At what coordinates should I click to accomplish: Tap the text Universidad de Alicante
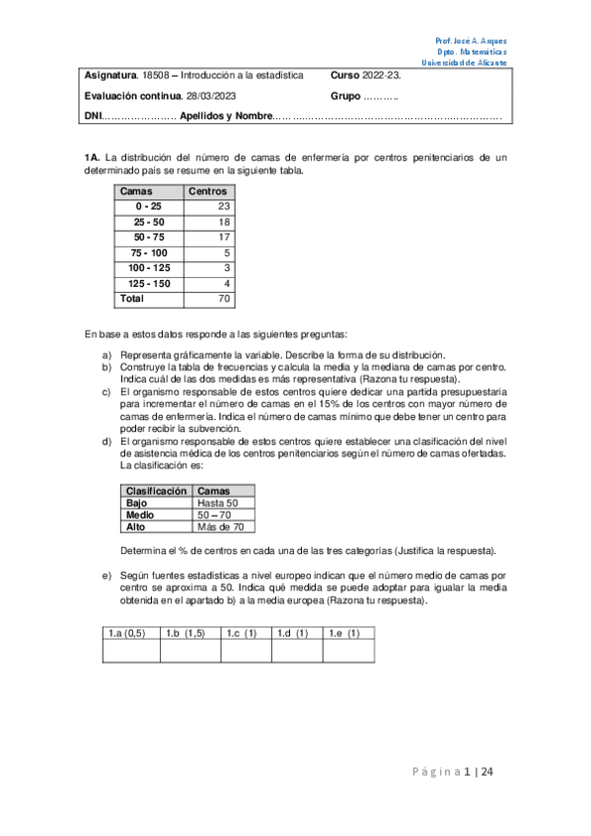[465, 62]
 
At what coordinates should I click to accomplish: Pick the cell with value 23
[223, 206]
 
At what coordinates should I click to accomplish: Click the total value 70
[223, 298]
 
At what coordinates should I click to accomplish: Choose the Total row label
[131, 298]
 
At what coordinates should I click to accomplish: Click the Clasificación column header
[156, 490]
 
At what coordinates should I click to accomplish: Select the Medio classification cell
[141, 515]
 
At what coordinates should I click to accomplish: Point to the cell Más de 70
[219, 526]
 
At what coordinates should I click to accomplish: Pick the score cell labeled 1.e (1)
[344, 633]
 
